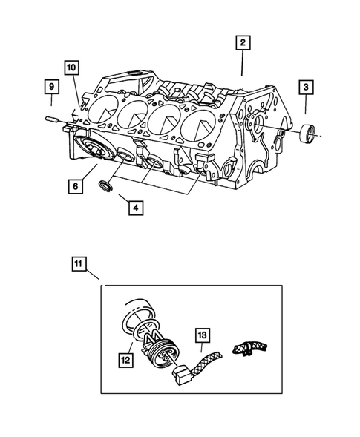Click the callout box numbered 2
(x=241, y=42)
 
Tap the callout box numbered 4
(x=134, y=208)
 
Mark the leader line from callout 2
(x=242, y=63)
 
